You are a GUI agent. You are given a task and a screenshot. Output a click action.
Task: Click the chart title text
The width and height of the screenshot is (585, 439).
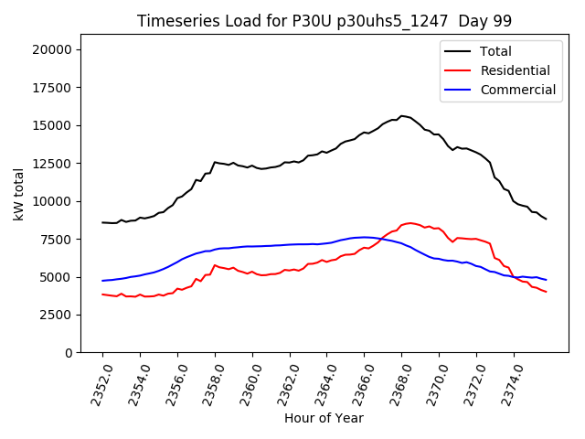click(x=324, y=20)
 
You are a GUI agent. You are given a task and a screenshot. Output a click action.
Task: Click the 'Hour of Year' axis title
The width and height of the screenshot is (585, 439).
click(x=324, y=418)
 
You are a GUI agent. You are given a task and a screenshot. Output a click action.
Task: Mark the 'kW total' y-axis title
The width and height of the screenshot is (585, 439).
click(x=18, y=200)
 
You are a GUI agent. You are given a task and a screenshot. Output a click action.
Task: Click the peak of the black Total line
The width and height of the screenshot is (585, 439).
click(x=401, y=116)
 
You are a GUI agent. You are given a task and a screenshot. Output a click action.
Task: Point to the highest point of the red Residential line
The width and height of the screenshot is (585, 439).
click(x=410, y=222)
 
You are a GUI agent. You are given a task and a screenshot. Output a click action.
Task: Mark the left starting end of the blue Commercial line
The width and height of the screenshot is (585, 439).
click(x=102, y=281)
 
